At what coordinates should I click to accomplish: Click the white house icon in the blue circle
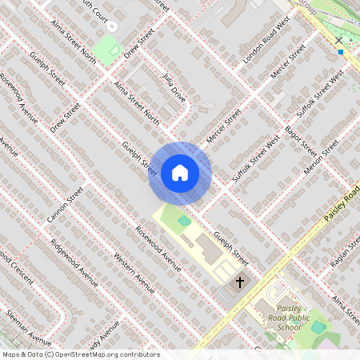(180, 172)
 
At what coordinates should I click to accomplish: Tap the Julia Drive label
(174, 90)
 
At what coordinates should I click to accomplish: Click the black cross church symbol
(238, 282)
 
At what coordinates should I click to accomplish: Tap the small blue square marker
(340, 52)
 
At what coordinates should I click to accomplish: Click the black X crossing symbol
(339, 39)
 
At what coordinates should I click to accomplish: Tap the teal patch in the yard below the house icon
(184, 220)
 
